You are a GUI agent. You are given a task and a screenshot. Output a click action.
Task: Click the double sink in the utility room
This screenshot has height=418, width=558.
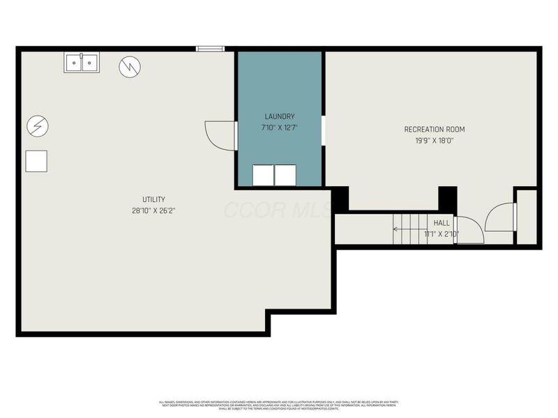82,63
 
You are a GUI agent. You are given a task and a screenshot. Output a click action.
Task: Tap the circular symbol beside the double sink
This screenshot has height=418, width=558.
130,67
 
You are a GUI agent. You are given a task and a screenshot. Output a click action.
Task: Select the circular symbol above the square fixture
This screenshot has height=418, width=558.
38,126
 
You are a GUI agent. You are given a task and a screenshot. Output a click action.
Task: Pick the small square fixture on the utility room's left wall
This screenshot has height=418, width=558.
36,161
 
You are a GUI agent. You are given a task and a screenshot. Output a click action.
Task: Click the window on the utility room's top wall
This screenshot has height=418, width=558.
209,49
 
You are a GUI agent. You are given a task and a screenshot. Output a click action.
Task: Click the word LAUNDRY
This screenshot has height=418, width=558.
279,116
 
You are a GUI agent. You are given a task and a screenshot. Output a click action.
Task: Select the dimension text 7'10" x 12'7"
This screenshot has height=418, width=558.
279,127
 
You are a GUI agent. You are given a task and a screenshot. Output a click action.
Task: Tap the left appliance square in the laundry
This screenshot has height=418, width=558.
263,175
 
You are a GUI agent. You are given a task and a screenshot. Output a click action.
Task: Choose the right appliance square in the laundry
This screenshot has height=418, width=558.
285,175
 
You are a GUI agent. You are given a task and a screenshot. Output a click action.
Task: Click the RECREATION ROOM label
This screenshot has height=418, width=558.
434,129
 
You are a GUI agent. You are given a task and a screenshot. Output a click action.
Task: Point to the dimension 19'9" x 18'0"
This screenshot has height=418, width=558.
434,140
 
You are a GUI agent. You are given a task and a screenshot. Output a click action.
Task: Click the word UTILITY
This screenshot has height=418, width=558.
153,199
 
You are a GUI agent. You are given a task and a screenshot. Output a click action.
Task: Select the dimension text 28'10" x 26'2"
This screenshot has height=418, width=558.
153,210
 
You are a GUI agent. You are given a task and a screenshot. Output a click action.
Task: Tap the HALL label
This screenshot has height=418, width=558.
442,223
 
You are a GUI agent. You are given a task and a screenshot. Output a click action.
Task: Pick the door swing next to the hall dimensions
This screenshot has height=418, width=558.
470,230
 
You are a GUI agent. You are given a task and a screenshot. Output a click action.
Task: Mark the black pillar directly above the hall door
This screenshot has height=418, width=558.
447,199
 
